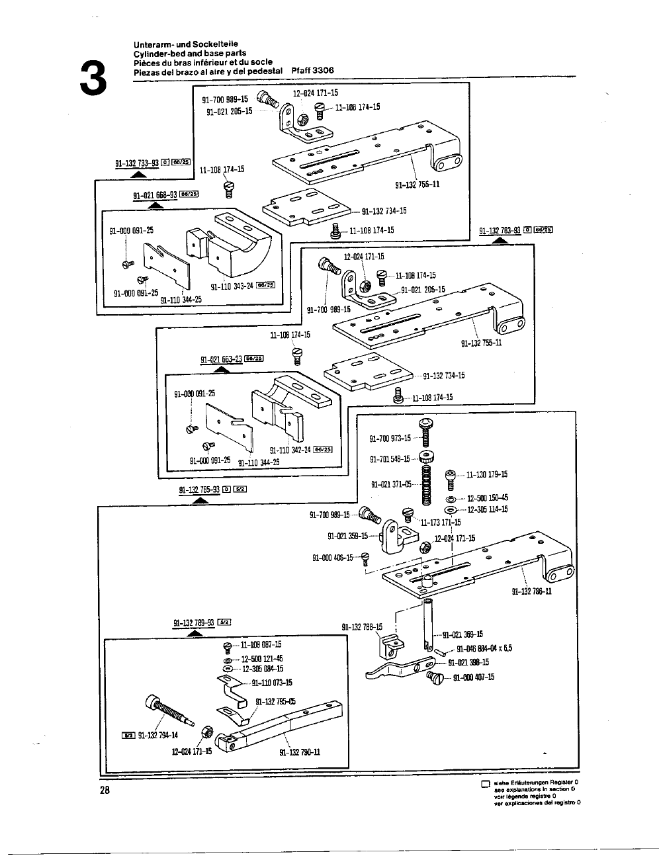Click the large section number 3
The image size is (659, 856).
[92, 78]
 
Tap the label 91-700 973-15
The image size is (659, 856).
[390, 438]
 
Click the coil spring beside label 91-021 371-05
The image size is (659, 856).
[427, 484]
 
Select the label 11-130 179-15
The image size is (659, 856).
[486, 474]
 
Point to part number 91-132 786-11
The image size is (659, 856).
[531, 591]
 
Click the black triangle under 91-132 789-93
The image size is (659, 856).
[195, 633]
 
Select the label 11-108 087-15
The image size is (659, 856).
[261, 644]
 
